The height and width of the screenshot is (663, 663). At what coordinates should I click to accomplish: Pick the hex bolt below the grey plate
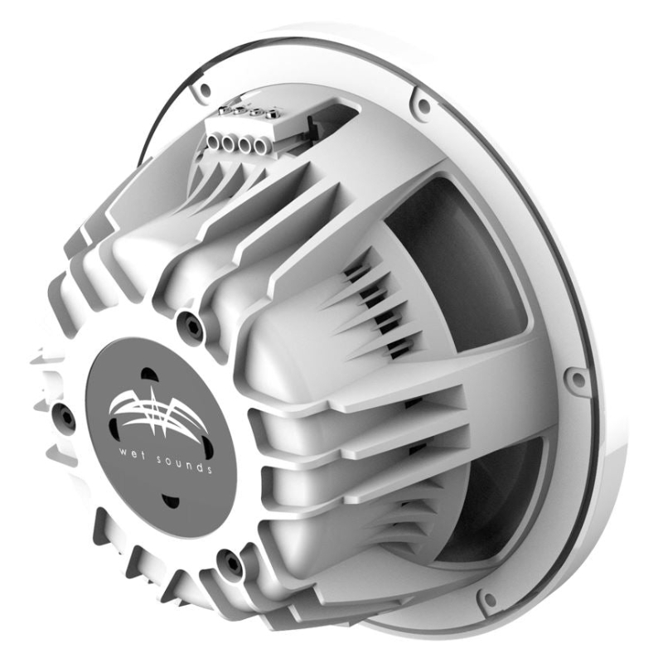pos(230,564)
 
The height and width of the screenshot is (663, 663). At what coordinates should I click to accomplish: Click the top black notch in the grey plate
pos(146,375)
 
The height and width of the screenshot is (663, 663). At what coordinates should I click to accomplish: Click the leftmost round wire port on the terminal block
pos(213,142)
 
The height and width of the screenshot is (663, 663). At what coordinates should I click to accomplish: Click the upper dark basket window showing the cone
pos(464,265)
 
